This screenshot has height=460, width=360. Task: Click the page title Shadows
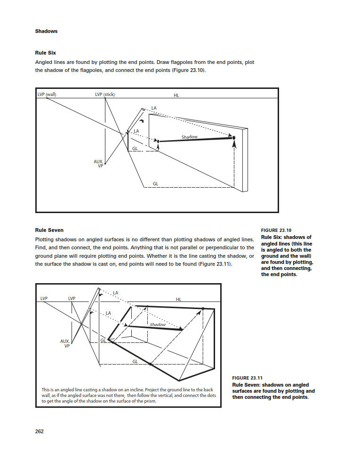(46, 32)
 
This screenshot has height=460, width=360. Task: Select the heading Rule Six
(46, 53)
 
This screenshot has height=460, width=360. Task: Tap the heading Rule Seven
(49, 230)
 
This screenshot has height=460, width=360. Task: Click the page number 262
(40, 432)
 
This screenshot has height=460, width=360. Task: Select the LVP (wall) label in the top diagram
(47, 95)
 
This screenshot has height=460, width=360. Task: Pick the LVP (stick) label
(105, 95)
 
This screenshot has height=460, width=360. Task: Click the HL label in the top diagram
(176, 95)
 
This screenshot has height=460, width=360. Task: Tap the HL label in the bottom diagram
(179, 299)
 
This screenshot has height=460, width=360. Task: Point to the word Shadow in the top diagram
(190, 137)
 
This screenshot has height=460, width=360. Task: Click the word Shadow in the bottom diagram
(158, 325)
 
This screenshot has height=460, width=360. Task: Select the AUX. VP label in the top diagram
(98, 164)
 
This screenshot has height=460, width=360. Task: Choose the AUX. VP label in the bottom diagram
(65, 343)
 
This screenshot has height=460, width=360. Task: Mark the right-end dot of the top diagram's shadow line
(233, 137)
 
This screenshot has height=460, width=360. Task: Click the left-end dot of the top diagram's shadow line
(158, 141)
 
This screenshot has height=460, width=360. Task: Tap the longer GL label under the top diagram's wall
(156, 183)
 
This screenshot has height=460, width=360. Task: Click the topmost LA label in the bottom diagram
(116, 293)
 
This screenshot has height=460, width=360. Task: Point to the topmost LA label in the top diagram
(154, 108)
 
